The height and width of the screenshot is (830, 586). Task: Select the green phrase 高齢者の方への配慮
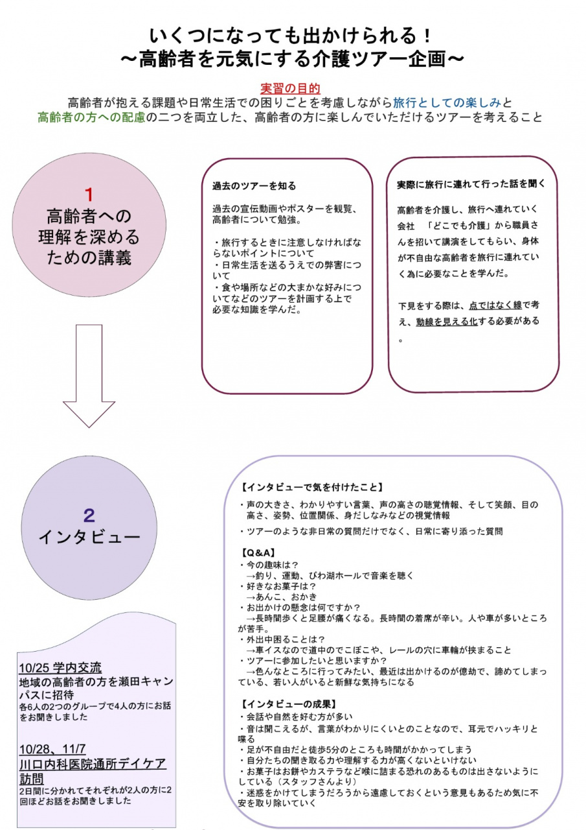coord(91,117)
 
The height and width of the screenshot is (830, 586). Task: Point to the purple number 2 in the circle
coord(89,516)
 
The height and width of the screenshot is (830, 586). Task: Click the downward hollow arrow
coord(89,376)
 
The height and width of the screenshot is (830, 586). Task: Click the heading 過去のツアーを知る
coord(254,186)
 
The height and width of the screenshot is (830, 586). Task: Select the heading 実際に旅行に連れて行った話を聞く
coord(471,184)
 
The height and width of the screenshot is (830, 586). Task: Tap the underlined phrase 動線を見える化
coord(447,321)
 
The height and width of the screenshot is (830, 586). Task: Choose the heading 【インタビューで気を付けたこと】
coord(312,487)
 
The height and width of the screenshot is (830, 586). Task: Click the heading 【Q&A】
coord(258,552)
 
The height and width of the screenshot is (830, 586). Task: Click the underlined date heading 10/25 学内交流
coord(60,668)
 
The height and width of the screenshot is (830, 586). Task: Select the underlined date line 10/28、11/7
coord(53,750)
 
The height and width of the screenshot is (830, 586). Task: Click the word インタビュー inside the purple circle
coord(89,537)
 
